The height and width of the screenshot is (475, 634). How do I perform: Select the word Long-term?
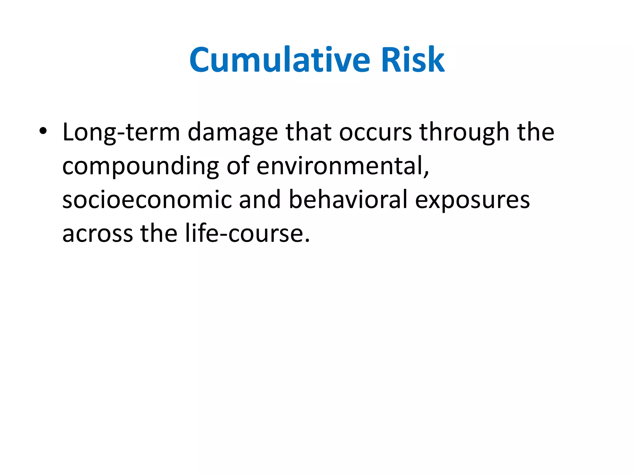coord(121,132)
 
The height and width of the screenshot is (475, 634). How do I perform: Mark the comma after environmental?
coord(426,173)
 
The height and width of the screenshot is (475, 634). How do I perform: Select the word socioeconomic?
coord(147,200)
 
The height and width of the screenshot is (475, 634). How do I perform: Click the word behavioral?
coord(348,200)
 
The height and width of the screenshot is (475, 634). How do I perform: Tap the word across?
coord(98,234)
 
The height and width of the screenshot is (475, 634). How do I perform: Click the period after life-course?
coord(307,241)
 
